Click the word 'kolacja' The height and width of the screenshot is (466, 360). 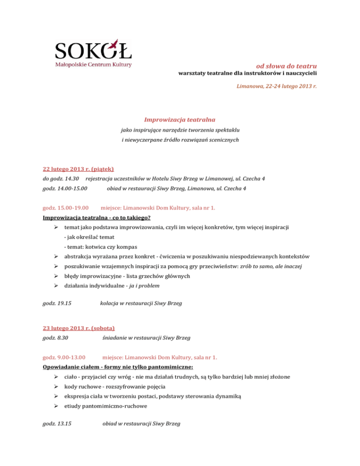tap(111, 303)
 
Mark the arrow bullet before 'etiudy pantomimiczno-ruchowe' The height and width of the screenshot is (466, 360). tap(56, 407)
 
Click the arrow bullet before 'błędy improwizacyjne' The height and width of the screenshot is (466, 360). tap(56, 277)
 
